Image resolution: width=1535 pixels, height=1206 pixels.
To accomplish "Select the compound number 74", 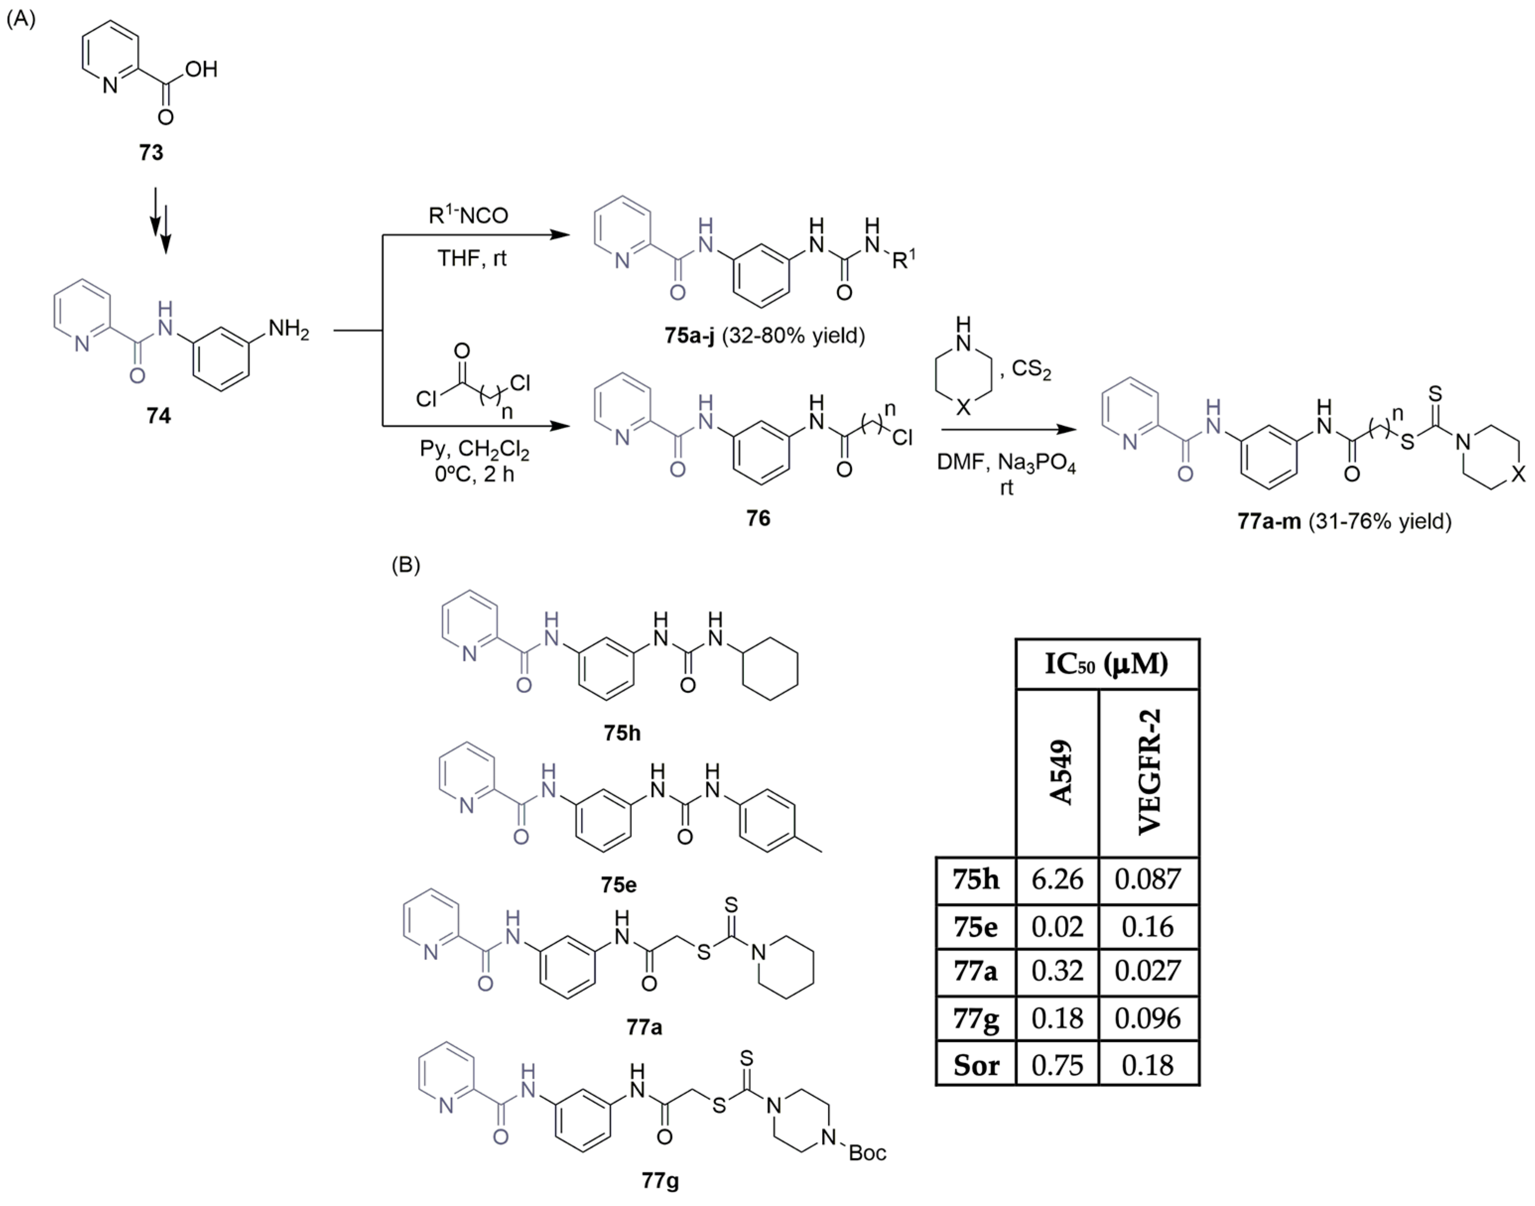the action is [x=158, y=415].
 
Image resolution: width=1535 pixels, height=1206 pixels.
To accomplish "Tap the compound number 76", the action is [x=758, y=518].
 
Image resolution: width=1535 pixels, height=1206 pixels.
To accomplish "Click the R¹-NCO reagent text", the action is [x=468, y=215].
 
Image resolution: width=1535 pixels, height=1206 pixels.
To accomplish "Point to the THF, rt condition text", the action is [x=472, y=258].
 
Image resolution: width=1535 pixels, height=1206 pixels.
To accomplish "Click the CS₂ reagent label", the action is [x=1031, y=369].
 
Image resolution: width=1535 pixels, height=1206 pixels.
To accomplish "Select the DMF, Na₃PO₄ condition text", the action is [x=1006, y=463].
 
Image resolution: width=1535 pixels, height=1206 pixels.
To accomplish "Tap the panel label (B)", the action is [x=406, y=565].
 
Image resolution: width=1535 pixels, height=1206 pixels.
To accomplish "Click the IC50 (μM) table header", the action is [x=1106, y=664].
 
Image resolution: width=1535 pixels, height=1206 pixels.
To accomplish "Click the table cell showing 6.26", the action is [x=1057, y=879].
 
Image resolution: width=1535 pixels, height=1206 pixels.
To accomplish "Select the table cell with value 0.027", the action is [x=1148, y=971].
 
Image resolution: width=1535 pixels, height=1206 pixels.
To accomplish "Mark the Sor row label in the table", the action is [x=976, y=1065].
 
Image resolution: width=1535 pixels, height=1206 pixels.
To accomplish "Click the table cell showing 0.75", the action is [x=1057, y=1065].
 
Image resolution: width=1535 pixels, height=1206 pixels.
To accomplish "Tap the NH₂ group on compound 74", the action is [x=288, y=329].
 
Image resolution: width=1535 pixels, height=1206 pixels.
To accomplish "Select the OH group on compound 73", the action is [x=201, y=69].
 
